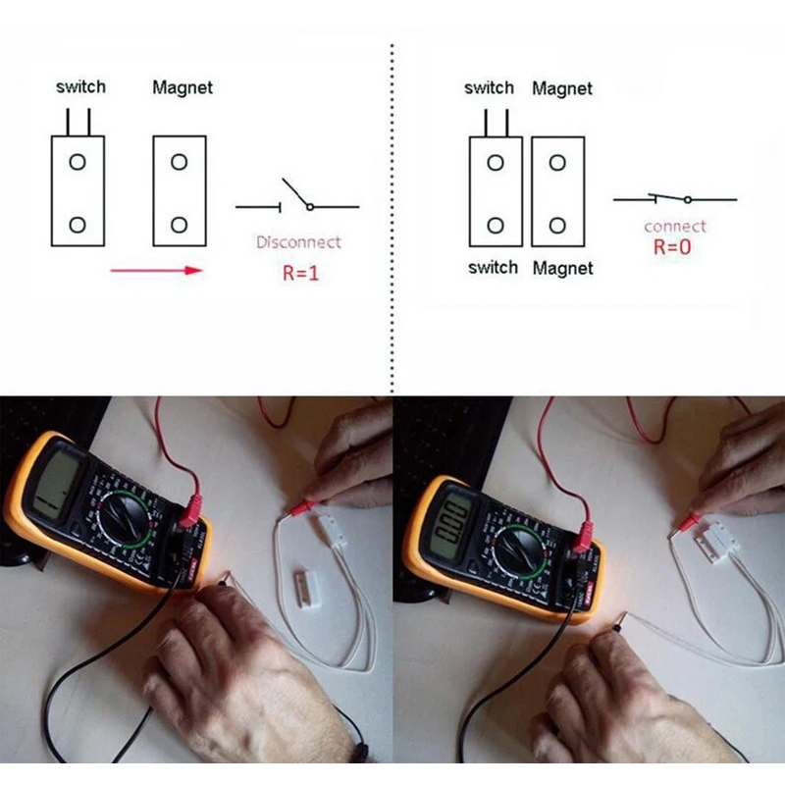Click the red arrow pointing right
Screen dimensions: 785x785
(157, 269)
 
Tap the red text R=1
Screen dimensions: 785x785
(300, 274)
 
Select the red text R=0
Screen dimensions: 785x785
(672, 247)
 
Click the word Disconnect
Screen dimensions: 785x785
(298, 241)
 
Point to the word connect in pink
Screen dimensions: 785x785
(674, 227)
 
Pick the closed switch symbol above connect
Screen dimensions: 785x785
(674, 199)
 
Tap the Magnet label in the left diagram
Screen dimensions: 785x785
(183, 87)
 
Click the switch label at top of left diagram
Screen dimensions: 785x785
(80, 86)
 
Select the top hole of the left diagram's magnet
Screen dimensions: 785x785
(180, 160)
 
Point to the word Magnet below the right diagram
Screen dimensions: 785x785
(562, 268)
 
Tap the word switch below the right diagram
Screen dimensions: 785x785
(493, 267)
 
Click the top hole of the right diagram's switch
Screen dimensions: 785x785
(496, 160)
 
